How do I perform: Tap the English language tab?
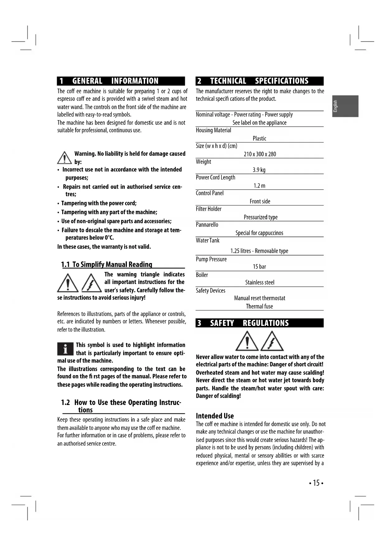345,106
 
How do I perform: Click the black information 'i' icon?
65,349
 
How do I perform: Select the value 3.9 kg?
259,170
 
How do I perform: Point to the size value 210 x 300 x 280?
260,154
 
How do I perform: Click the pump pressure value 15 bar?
259,266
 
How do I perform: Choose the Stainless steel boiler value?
260,282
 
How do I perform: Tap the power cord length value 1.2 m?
259,186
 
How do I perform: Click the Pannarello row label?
207,224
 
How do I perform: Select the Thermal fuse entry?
259,306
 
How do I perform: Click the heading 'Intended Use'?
215,416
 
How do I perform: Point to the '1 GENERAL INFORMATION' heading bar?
121,81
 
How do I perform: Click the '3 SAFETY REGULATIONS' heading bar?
259,323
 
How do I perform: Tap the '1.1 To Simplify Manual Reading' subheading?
107,265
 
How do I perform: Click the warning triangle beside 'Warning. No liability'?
64,158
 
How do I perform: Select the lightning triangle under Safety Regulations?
272,341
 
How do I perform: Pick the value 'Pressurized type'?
261,217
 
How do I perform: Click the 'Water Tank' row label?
207,240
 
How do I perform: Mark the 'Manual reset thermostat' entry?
260,298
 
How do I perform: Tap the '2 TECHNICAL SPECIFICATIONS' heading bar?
259,81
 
